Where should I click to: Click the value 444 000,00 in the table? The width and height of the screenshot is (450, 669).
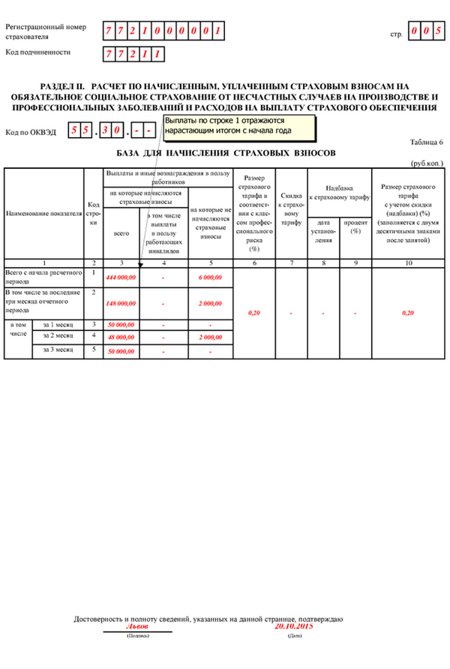coord(121,277)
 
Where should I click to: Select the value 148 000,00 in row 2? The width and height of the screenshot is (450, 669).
coord(121,304)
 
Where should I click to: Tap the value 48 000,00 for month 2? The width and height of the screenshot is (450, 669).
coord(121,338)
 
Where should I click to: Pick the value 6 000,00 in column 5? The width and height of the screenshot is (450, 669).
coord(211,277)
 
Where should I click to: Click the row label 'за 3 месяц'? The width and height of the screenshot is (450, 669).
coord(58,349)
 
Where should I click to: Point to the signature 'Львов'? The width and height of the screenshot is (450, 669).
coord(138,625)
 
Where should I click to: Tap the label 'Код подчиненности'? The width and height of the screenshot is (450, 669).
coord(38,52)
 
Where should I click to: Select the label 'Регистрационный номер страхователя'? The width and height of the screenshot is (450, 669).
coord(45,31)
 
